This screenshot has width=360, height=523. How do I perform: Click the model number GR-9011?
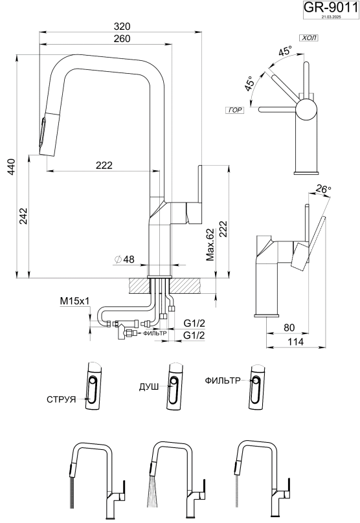[x=331, y=7]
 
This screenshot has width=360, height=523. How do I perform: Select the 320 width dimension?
[x=122, y=27]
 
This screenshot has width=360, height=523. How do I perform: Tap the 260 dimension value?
[x=122, y=39]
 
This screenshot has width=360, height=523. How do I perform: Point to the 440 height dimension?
[x=12, y=168]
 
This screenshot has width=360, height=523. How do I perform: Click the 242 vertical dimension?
[x=23, y=216]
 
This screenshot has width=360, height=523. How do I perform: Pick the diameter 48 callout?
[x=124, y=259]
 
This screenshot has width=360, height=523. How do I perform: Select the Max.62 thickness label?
[x=210, y=245]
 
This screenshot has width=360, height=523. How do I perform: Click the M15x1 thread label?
[x=74, y=301]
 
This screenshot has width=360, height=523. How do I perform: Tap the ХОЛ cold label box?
[x=309, y=38]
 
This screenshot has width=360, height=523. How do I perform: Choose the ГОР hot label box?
[x=235, y=110]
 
